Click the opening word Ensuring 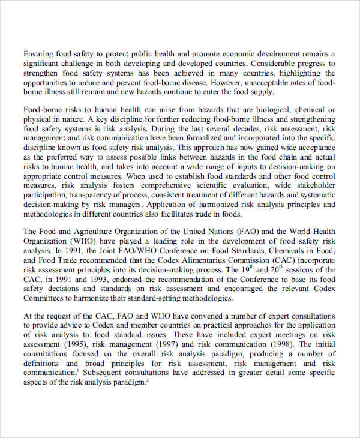click(x=39, y=53)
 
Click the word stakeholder click(x=314, y=186)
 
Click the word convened click(x=204, y=316)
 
